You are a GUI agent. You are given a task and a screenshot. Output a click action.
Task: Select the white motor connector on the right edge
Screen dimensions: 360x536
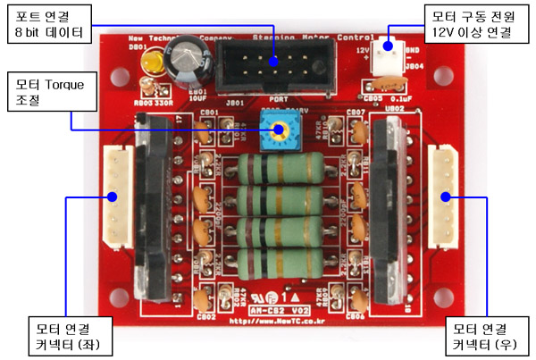(442, 198)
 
